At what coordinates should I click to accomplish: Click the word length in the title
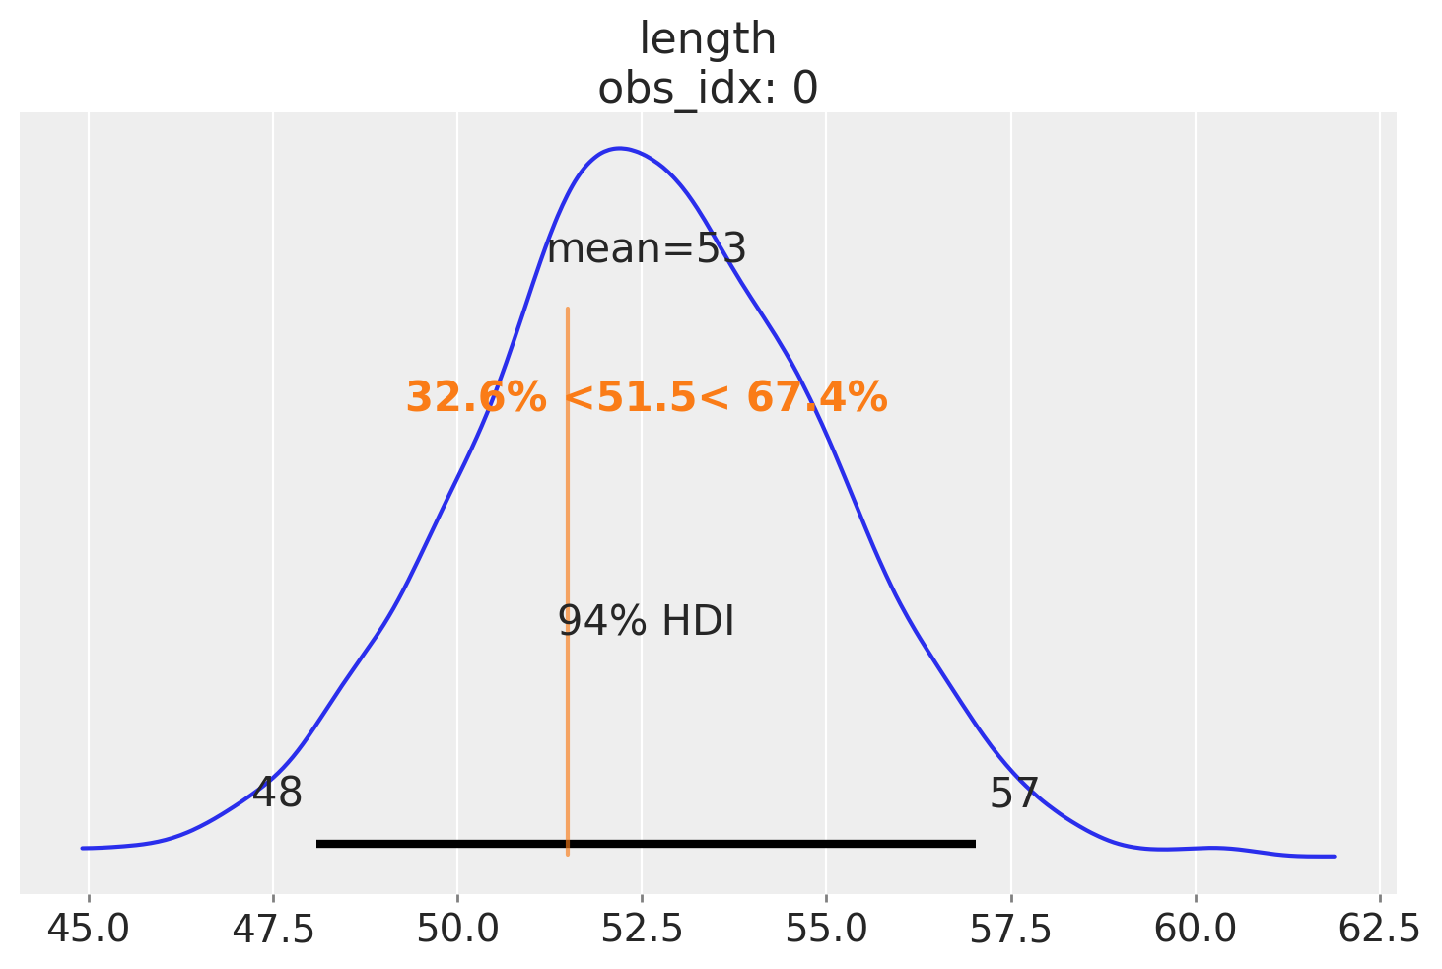pyautogui.click(x=708, y=40)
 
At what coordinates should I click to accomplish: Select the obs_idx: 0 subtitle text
pyautogui.click(x=708, y=89)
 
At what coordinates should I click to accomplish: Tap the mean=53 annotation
pyautogui.click(x=647, y=249)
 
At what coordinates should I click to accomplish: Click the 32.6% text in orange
pyautogui.click(x=476, y=398)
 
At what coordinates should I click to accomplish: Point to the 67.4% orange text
pyautogui.click(x=817, y=398)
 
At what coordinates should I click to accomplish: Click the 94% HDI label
pyautogui.click(x=647, y=622)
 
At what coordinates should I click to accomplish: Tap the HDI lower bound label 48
pyautogui.click(x=278, y=793)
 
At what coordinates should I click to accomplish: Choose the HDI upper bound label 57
pyautogui.click(x=1014, y=793)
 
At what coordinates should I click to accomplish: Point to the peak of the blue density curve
pyautogui.click(x=619, y=149)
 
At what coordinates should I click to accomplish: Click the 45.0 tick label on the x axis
pyautogui.click(x=88, y=929)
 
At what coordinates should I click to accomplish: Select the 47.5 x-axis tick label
pyautogui.click(x=273, y=929)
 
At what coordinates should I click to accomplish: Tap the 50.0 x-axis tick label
pyautogui.click(x=457, y=929)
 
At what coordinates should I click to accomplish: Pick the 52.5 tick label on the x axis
pyautogui.click(x=642, y=929)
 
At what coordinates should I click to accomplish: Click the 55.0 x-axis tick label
pyautogui.click(x=826, y=929)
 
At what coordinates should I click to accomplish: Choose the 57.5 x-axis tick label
pyautogui.click(x=1010, y=929)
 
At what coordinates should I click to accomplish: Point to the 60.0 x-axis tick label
pyautogui.click(x=1195, y=929)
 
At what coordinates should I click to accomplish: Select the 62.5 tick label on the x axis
pyautogui.click(x=1379, y=929)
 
